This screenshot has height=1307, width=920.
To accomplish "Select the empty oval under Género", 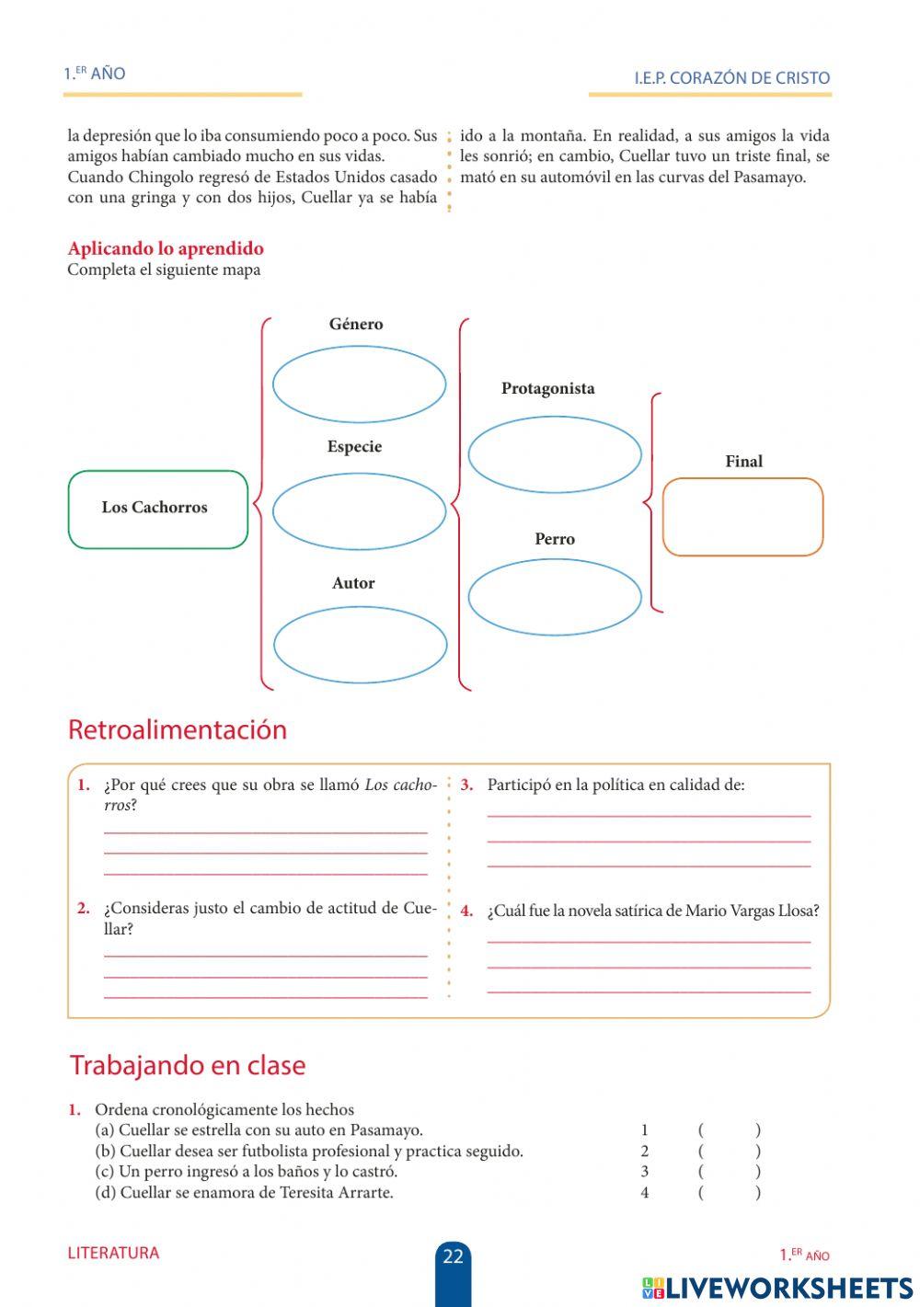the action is (x=359, y=384).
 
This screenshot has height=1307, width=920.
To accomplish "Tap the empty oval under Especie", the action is (x=359, y=511).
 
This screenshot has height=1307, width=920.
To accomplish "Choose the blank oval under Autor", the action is (x=360, y=645).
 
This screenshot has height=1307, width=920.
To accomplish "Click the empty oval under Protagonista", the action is (x=554, y=454).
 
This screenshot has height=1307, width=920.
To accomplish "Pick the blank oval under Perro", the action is (x=554, y=597).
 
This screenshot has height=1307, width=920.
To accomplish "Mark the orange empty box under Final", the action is (x=742, y=517).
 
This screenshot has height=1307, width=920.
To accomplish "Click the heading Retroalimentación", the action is (x=178, y=729).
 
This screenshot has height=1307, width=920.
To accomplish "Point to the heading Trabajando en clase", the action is (x=188, y=1065).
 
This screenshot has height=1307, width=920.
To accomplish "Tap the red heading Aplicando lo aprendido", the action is (x=166, y=248).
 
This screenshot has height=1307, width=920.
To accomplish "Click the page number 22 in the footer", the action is (x=453, y=1256).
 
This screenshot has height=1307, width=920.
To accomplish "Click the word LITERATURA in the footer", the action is (x=113, y=1253).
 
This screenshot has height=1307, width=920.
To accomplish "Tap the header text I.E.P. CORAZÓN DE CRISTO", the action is (x=731, y=78).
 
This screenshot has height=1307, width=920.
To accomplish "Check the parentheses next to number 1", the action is (x=729, y=1130).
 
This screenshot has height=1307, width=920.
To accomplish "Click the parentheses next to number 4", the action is (x=729, y=1193).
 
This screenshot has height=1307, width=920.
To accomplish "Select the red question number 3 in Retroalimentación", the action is (x=466, y=785).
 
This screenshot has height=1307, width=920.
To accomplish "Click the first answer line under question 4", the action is (x=649, y=940).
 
